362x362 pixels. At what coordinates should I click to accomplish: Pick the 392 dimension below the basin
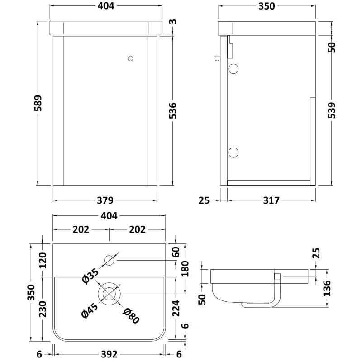(x=109, y=354)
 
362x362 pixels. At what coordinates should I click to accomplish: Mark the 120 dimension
(x=43, y=261)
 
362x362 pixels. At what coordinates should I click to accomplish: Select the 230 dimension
(x=43, y=310)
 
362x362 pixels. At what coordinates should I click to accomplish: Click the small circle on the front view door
(x=131, y=58)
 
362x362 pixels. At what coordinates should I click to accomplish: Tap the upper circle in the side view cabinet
(x=233, y=69)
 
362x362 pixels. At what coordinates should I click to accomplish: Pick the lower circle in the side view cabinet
(x=233, y=152)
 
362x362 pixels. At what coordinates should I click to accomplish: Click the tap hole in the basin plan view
(x=110, y=260)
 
